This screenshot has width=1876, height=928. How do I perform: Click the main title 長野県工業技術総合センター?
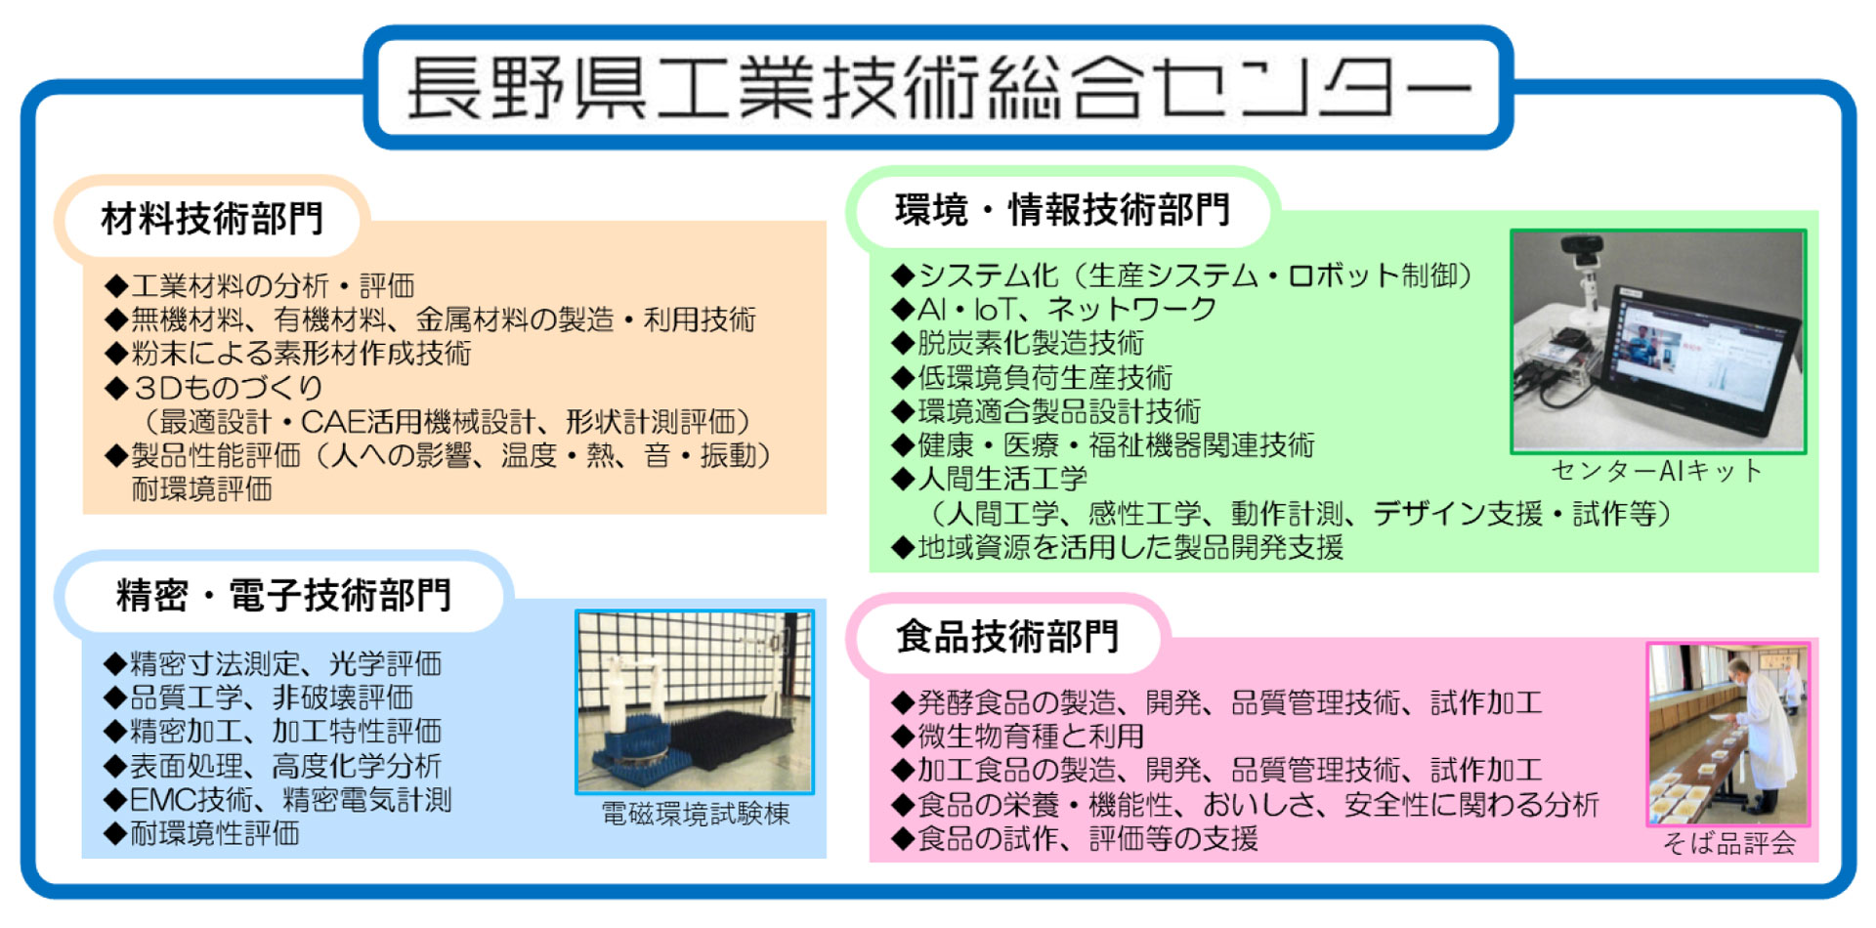coord(939,88)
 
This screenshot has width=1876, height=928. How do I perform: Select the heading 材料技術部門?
coord(212,219)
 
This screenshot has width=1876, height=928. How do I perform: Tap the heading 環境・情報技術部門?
coord(1062,210)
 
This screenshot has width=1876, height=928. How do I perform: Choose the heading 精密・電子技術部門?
coord(283,595)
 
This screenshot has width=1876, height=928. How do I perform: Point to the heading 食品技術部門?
coord(1007,637)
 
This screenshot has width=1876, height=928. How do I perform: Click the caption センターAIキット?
coord(1657,471)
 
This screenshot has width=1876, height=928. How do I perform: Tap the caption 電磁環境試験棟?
coord(695,814)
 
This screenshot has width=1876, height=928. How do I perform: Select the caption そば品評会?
coord(1729,843)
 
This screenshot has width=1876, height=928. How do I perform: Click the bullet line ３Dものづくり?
coord(214,388)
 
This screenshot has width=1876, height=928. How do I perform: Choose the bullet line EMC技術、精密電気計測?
coord(277,800)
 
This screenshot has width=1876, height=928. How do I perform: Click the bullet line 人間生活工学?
coord(989,479)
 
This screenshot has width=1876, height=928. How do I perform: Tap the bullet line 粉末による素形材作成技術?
coord(287,354)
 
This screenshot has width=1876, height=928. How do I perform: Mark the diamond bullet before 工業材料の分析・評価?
coord(116,286)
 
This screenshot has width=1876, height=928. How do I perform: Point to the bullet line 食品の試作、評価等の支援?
coord(1074,838)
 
